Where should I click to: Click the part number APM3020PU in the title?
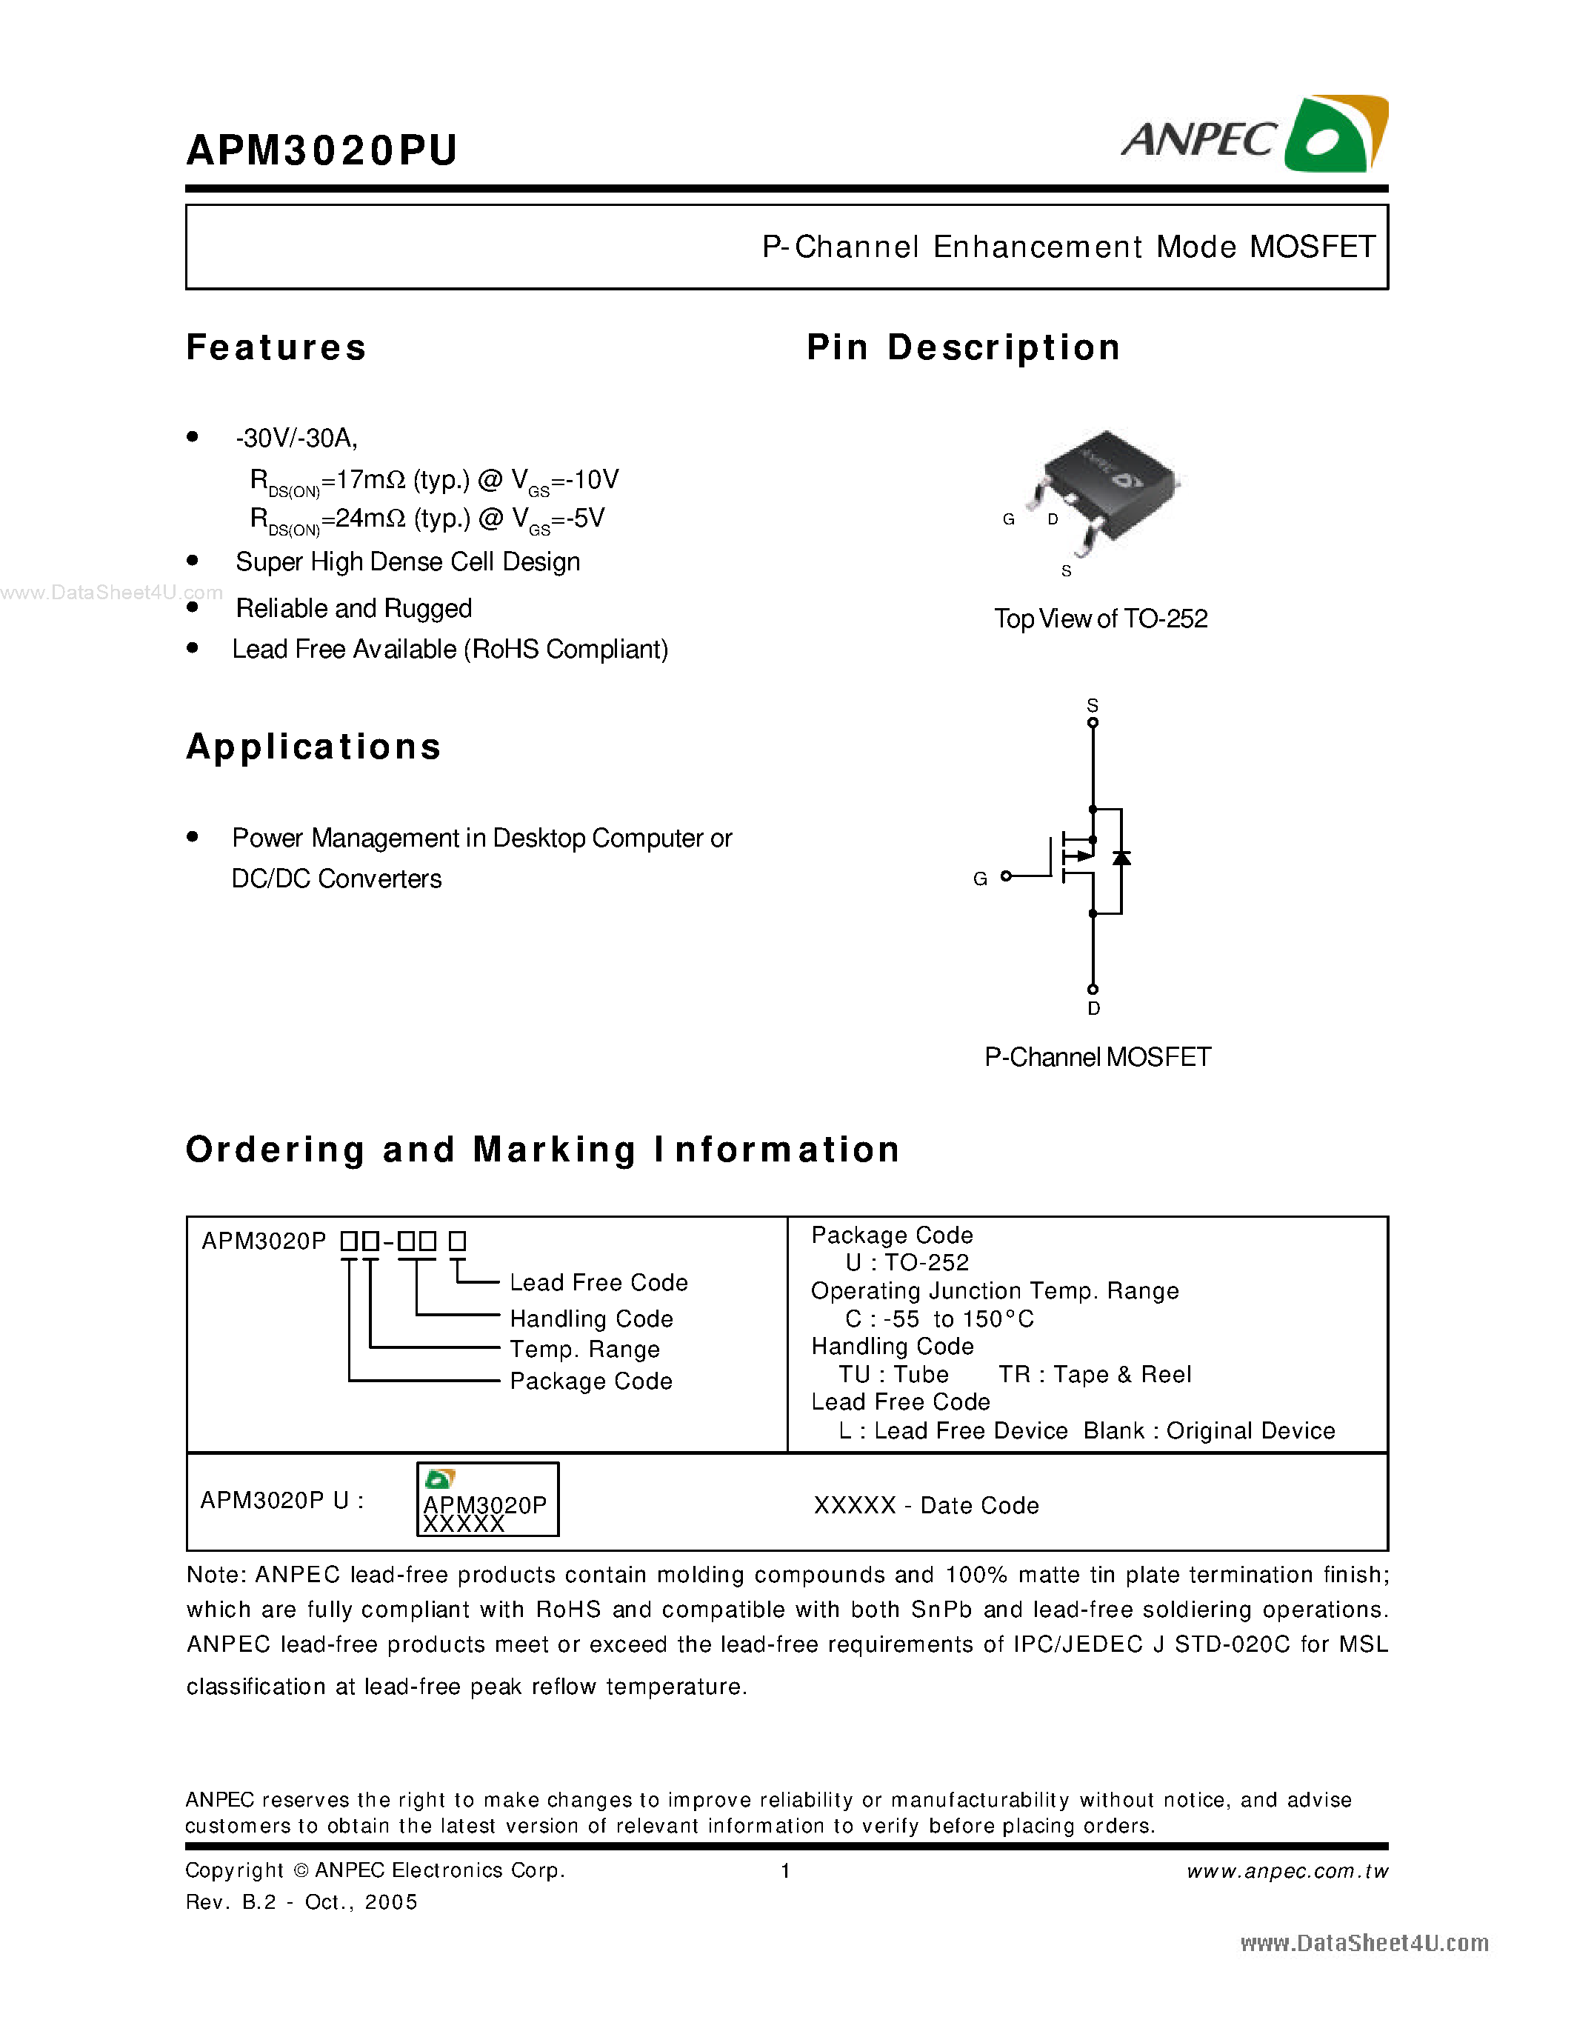[321, 150]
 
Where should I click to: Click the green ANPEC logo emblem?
[1335, 136]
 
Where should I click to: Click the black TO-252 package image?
[1108, 485]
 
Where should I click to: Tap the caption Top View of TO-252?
[1100, 619]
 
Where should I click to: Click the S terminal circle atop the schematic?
[1093, 723]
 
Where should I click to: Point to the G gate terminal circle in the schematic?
[1006, 876]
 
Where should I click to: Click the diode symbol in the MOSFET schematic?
[1121, 858]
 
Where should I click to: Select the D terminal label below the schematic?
[1094, 1008]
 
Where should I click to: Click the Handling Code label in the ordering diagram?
[591, 1318]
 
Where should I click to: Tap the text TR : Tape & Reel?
[1095, 1375]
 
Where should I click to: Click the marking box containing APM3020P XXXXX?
[487, 1498]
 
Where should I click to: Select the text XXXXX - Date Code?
[926, 1505]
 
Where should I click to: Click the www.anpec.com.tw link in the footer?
[1287, 1871]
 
